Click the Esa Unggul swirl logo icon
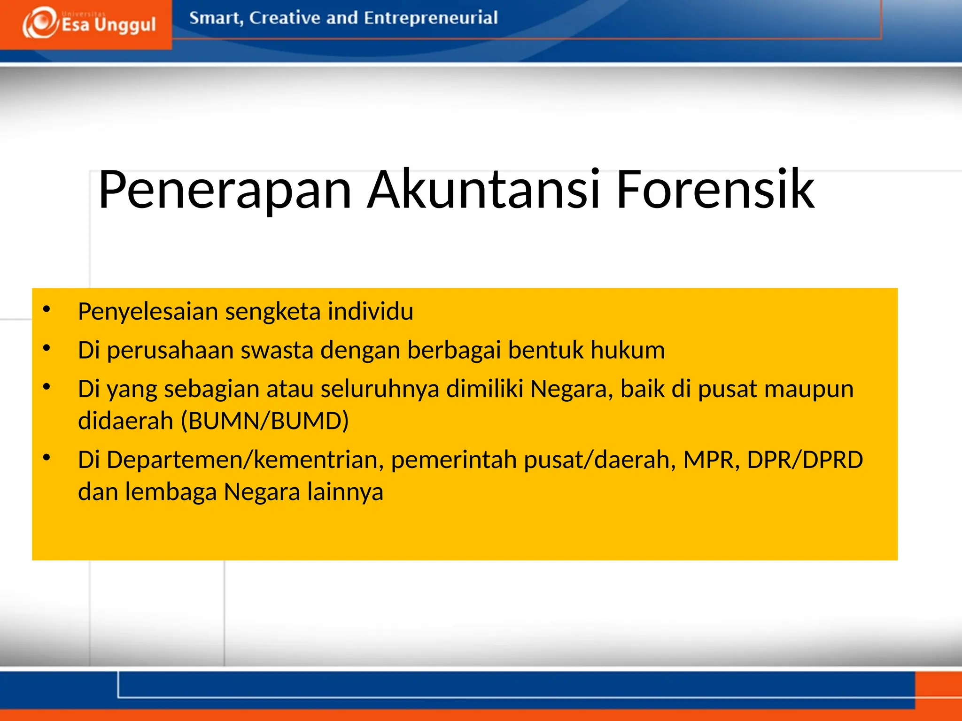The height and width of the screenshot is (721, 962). [x=40, y=23]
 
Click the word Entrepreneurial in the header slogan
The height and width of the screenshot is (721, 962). [x=430, y=18]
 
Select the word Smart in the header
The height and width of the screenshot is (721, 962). [x=215, y=18]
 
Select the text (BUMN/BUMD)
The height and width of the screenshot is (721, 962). [x=265, y=421]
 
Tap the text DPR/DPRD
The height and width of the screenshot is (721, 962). [x=805, y=460]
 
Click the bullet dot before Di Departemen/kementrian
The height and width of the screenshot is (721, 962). [x=46, y=458]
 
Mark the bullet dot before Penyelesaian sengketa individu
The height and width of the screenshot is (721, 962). [x=46, y=309]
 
